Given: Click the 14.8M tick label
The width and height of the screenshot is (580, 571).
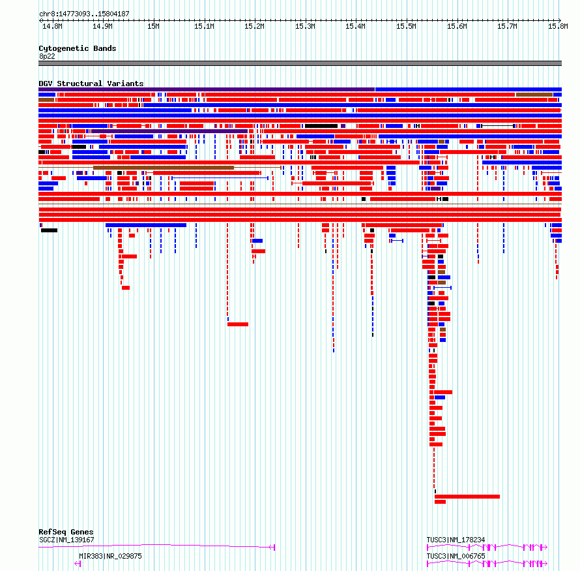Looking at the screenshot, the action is pos(52,26).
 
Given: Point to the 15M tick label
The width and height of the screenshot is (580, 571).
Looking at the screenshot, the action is pos(153,26).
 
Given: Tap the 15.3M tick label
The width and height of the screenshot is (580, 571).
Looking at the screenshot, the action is pos(305,26).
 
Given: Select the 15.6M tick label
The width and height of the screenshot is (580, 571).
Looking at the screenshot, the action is pos(457,26).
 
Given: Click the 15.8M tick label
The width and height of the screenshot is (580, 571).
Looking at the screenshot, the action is pos(558,26).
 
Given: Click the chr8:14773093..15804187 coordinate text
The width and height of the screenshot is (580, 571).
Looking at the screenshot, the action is pos(84,14).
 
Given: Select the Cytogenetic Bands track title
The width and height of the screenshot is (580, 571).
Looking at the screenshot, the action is pos(78,48).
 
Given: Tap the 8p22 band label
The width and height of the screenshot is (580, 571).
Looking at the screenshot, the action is pos(47,56).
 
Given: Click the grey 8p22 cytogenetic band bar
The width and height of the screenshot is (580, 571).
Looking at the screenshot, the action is pos(300,63).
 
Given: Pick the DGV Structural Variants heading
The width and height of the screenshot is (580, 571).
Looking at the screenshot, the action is pos(91,84).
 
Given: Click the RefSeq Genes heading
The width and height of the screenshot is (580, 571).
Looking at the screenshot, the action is pos(66,532).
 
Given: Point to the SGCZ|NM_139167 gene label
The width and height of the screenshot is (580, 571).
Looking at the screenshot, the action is pos(66,540).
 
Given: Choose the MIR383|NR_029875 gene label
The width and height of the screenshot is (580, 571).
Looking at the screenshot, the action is pos(110,556).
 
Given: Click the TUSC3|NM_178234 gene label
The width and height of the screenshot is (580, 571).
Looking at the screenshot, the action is pos(456,540).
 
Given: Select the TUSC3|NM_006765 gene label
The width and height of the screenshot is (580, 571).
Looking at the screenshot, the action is pos(456,556).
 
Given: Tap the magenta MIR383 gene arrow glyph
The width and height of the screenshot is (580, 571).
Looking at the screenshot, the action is pos(78,564).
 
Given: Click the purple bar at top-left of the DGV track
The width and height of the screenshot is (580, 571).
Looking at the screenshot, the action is pos(207,89).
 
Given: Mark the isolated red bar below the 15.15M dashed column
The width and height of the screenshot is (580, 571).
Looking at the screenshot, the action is pos(238,324).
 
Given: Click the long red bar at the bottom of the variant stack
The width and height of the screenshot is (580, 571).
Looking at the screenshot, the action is pos(467,497).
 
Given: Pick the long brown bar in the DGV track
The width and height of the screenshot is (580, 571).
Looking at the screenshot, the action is pos(164,168).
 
